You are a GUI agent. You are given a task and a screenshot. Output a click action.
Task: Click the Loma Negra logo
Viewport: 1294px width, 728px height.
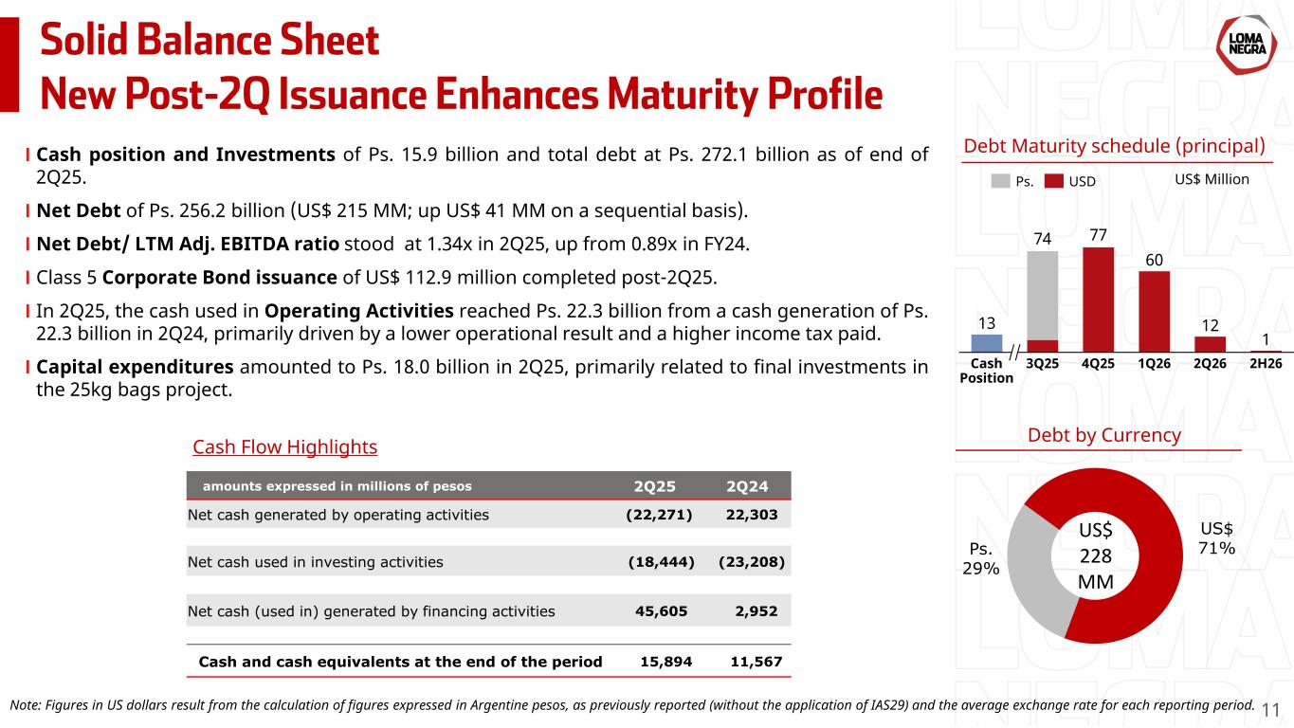[1244, 46]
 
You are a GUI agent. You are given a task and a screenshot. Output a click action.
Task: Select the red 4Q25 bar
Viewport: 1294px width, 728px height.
[1098, 299]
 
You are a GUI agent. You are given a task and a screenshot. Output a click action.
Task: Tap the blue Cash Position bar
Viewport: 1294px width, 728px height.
[987, 342]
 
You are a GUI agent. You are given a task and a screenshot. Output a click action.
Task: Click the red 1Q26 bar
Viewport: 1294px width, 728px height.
[1154, 311]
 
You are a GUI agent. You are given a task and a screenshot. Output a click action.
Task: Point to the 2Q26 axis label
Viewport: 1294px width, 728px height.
[1210, 364]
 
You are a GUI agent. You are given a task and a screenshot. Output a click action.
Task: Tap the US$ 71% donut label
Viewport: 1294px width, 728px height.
[1216, 538]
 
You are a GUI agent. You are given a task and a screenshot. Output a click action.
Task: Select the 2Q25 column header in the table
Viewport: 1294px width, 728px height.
[655, 487]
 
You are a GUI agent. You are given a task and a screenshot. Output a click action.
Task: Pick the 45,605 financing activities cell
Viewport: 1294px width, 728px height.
[663, 611]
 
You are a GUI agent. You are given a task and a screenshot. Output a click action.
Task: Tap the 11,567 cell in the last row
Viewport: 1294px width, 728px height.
[756, 661]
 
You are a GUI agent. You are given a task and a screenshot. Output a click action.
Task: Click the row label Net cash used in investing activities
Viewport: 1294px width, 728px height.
[316, 562]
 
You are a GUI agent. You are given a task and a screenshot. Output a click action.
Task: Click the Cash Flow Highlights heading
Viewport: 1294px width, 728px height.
[284, 446]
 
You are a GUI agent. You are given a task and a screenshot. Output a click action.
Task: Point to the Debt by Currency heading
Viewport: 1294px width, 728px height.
[1104, 435]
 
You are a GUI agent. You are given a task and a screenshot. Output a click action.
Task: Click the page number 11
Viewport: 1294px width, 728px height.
[1271, 709]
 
